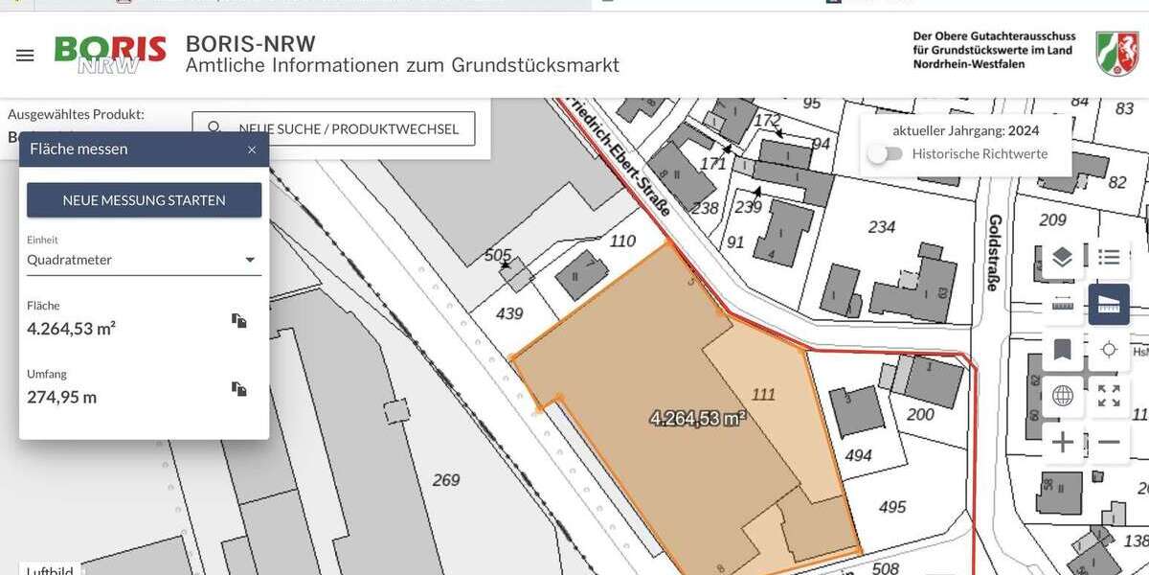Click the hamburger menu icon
click(25, 56)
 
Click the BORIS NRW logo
click(110, 55)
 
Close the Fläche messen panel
click(252, 149)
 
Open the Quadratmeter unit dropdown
click(144, 260)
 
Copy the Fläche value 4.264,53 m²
click(239, 321)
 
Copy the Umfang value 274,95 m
click(239, 389)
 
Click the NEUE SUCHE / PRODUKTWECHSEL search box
click(333, 128)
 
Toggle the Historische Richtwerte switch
click(886, 153)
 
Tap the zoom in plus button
click(1063, 443)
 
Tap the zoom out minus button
click(1109, 443)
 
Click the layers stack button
click(1062, 257)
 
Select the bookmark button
click(1062, 350)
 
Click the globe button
click(1062, 396)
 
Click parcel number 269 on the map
click(446, 480)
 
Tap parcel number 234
click(881, 227)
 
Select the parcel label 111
click(763, 394)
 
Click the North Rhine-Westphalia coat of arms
click(1116, 54)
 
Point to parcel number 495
click(891, 507)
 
